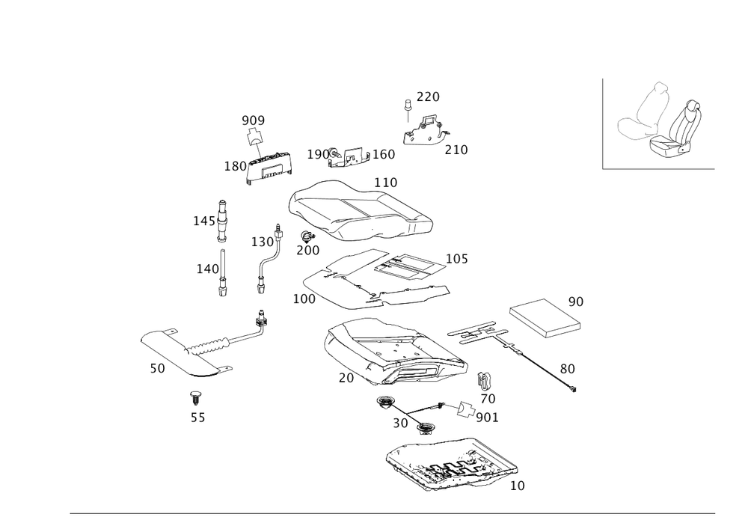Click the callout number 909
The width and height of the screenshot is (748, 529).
[253, 120]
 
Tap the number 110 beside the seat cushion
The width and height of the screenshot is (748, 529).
[386, 182]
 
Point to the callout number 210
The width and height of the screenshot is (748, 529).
[455, 150]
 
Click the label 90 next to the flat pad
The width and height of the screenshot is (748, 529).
[575, 302]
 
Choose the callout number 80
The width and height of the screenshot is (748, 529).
[567, 368]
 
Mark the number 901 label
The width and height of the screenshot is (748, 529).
[487, 416]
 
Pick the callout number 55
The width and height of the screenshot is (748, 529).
[197, 418]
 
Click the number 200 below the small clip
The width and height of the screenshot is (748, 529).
[307, 249]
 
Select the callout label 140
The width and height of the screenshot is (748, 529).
[206, 269]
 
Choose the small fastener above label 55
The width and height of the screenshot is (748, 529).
[196, 394]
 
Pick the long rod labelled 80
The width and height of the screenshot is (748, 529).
[539, 363]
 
